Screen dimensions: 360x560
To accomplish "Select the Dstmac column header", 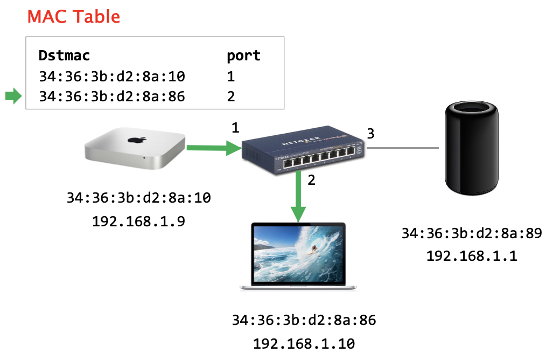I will [x=64, y=56].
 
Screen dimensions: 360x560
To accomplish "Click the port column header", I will [x=243, y=56].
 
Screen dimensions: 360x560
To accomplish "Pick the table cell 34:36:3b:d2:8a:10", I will [x=112, y=76].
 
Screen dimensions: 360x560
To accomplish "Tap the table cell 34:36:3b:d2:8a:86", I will [x=112, y=96].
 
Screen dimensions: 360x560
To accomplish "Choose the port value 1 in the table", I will [x=231, y=76].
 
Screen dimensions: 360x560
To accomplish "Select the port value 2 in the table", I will [x=231, y=96].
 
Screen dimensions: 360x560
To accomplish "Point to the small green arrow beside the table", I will [x=13, y=96].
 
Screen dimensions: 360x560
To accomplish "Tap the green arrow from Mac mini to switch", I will [x=213, y=147].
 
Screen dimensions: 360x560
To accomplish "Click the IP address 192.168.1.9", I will [x=139, y=220].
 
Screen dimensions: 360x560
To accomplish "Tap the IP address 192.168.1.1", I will [x=472, y=256].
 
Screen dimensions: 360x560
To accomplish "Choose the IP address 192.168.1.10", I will [x=304, y=343].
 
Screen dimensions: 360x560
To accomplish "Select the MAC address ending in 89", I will [x=472, y=233].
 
